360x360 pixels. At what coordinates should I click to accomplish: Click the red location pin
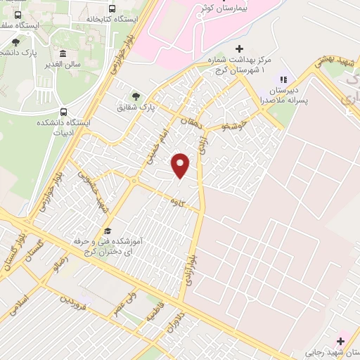pos(181,165)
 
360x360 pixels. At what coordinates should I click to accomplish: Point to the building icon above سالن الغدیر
pos(63,54)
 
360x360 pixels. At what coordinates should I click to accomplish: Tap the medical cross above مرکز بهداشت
pos(239,49)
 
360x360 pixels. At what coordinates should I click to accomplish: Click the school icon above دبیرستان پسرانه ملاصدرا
pos(284,80)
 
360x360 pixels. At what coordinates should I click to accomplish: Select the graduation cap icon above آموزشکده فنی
pos(108,231)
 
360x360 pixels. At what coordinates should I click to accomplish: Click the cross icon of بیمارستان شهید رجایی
pos(341,340)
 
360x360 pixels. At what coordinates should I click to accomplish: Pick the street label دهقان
pos(189,125)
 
